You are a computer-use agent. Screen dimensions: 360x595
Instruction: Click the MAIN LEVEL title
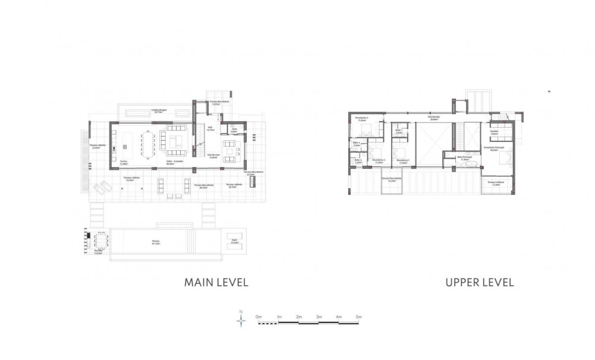click(x=216, y=282)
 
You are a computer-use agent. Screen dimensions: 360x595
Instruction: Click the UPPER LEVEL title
click(x=479, y=282)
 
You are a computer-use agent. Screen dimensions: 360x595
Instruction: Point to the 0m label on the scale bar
click(x=258, y=317)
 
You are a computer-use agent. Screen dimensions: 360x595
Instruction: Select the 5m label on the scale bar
click(x=358, y=317)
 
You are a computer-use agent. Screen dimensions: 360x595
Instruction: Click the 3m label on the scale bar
click(x=319, y=317)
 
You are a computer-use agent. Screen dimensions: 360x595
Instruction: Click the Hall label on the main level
click(x=209, y=128)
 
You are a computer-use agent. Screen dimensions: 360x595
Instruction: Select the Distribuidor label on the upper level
click(x=433, y=117)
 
